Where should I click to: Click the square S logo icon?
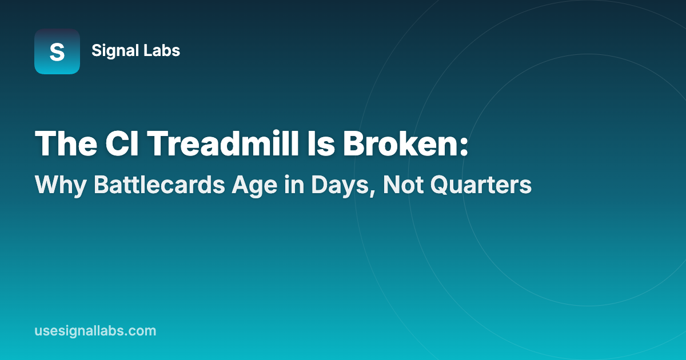pos(57,51)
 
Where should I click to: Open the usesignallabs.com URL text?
pos(95,331)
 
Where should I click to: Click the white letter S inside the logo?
pos(57,52)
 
